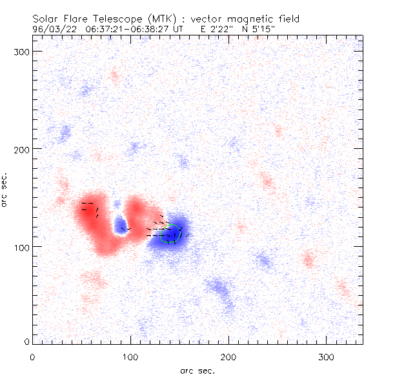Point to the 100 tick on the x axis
click(x=130, y=356)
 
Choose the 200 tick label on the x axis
click(x=228, y=356)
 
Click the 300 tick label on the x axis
click(x=327, y=356)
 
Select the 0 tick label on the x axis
click(x=32, y=356)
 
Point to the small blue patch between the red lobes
click(x=120, y=226)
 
